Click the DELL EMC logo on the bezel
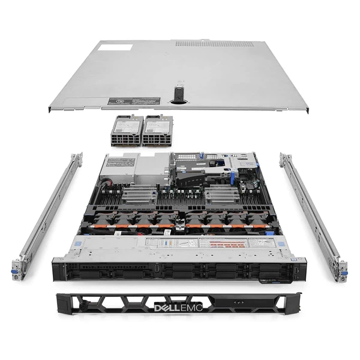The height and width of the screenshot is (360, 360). pos(179,307)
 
